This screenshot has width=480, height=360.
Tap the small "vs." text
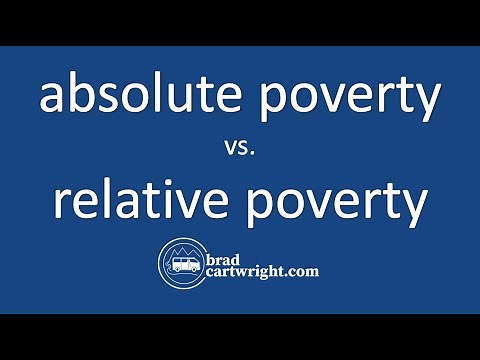240,151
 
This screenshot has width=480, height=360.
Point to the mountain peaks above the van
183,250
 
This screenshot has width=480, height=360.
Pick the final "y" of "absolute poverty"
428,104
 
